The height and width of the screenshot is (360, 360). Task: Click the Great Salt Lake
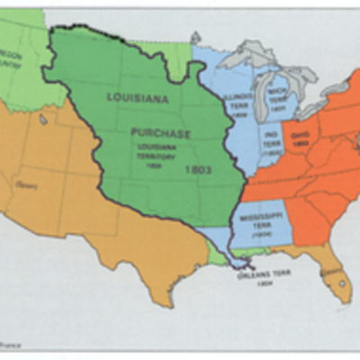[x=43, y=119]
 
